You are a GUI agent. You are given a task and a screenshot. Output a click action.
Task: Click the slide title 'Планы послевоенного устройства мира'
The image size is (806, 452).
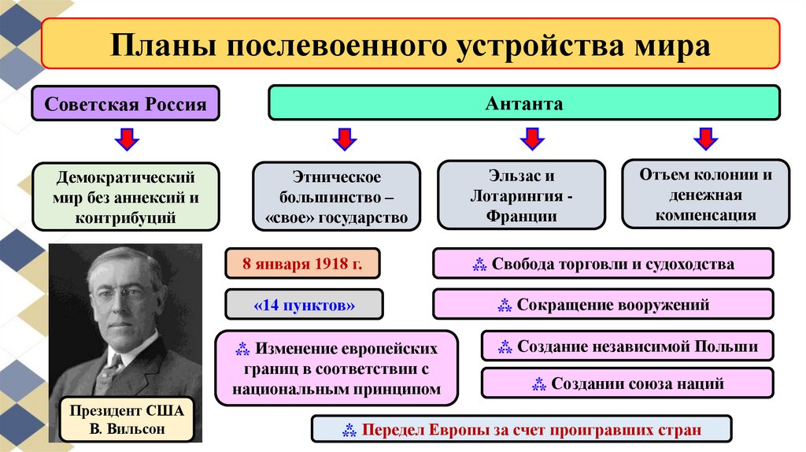pos(409,45)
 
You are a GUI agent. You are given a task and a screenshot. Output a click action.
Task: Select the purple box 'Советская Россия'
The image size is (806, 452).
pos(126,104)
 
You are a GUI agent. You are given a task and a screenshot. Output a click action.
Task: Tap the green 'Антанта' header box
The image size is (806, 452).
pos(524,103)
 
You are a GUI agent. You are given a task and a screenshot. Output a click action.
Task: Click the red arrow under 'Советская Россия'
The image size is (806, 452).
pos(126,140)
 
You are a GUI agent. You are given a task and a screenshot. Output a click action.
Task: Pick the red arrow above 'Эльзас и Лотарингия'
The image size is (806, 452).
pos(532,140)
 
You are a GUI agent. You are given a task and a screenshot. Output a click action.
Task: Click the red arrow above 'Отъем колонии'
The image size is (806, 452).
pos(705,140)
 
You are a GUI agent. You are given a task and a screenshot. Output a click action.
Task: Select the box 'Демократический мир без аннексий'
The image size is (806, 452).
pos(126,196)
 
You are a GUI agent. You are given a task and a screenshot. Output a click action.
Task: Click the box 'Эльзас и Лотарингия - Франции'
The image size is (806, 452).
pos(521,196)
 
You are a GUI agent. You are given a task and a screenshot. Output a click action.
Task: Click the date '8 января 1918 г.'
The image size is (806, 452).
pos(302,263)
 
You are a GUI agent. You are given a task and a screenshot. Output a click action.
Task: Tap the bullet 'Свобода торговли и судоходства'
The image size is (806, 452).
pos(603,264)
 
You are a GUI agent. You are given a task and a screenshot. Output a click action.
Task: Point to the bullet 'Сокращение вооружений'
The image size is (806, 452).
pos(603,305)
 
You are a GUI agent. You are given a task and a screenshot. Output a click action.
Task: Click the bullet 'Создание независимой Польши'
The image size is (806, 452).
pos(627,346)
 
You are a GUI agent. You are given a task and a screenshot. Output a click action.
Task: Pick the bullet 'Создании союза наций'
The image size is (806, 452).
pos(627,383)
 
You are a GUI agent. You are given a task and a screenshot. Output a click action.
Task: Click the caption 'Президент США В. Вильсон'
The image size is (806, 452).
pos(126,420)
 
